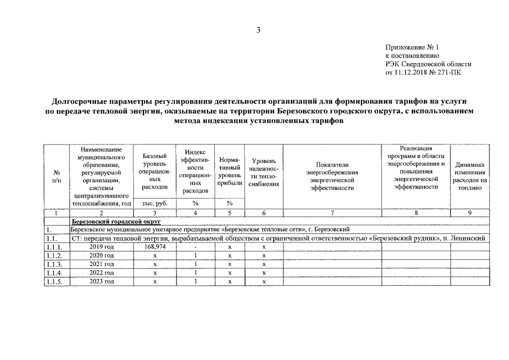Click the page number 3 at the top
click(258, 30)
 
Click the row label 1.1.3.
click(55, 264)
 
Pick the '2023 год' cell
click(102, 281)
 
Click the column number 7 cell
click(332, 213)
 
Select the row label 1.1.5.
click(55, 281)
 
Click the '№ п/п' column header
click(56, 176)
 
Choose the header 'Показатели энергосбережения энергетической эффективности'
click(332, 176)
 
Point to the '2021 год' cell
click(102, 264)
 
